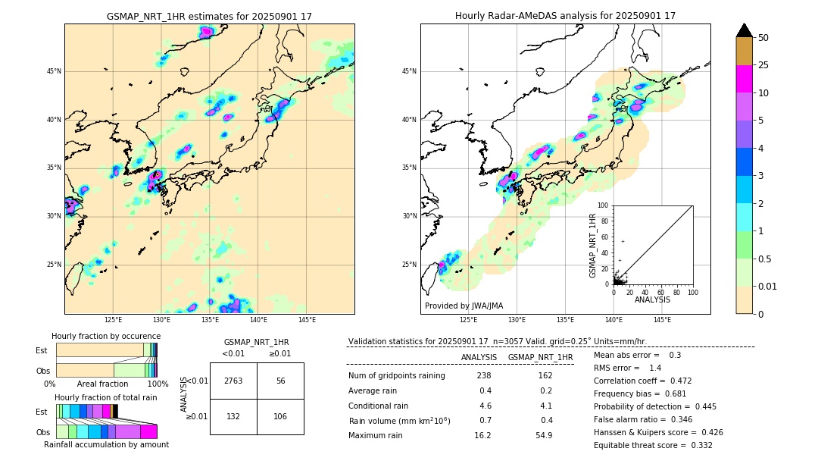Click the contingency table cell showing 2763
233,381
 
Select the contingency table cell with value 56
280,381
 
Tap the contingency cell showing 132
233,416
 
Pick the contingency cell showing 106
280,416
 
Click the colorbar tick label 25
763,65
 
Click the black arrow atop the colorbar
745,30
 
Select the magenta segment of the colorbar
745,79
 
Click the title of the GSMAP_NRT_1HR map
209,16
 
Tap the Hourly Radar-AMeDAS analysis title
565,16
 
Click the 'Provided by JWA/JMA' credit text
464,306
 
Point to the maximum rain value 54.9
544,435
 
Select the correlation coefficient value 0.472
697,381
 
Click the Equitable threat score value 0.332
697,445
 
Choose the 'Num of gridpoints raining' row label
397,375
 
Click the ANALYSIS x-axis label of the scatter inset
652,299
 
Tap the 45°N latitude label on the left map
54,71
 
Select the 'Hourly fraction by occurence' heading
106,336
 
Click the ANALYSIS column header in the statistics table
479,357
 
